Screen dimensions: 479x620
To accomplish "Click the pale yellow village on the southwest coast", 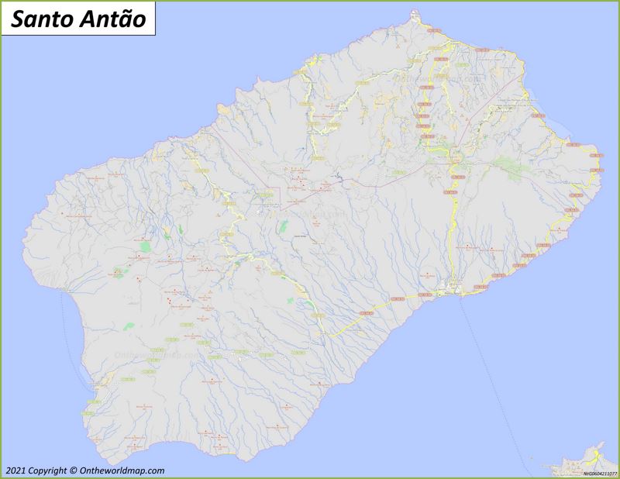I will (108, 377).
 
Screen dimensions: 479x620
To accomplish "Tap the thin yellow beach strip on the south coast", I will (217, 449).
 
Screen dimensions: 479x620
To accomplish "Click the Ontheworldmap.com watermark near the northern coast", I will (438, 78).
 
